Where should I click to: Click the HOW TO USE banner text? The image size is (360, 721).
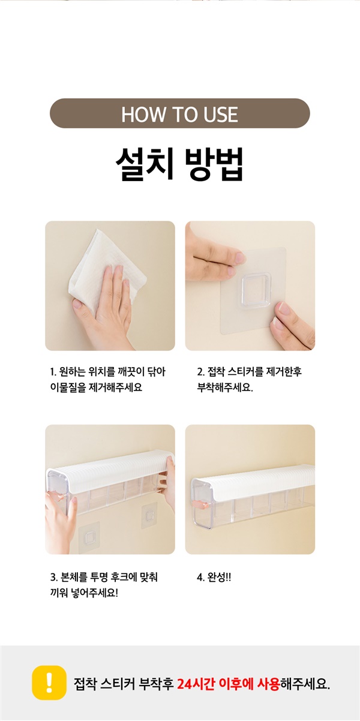click(x=179, y=114)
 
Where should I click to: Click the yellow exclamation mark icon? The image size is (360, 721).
click(x=49, y=683)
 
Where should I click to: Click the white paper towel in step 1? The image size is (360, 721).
click(x=106, y=271)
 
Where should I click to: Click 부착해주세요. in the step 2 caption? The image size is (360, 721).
click(x=225, y=387)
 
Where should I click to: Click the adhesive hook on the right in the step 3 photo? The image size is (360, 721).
click(x=149, y=516)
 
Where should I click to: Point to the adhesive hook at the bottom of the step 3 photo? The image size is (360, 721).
click(x=89, y=538)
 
